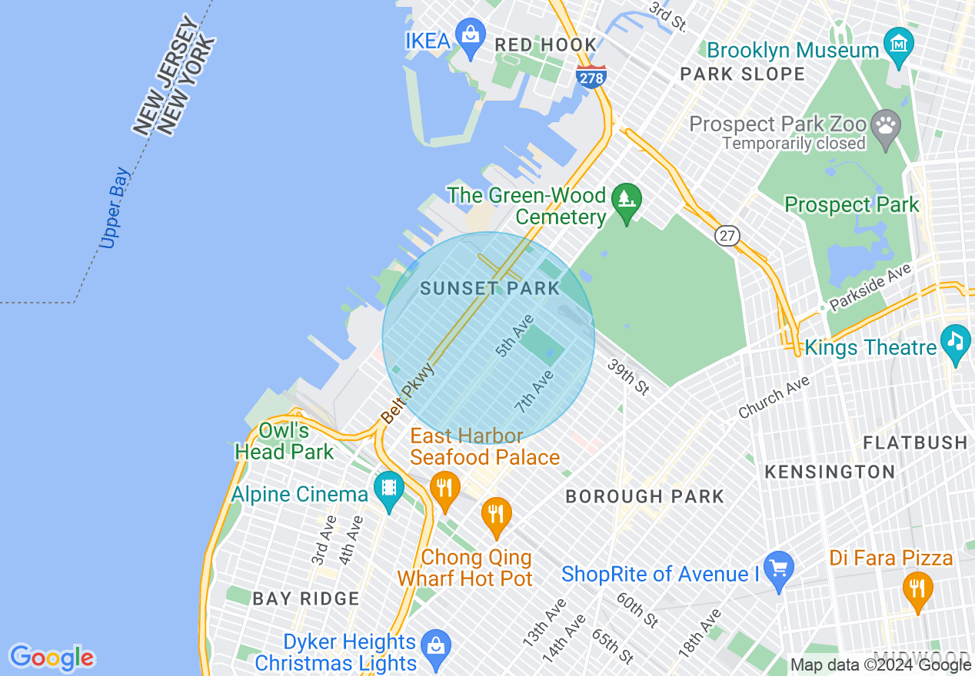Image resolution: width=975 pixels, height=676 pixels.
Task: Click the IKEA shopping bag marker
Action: (470, 35)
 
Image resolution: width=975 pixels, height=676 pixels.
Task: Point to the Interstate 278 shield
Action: (591, 76)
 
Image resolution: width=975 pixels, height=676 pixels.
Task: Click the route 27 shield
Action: (727, 235)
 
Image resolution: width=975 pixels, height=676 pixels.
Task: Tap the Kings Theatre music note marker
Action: (955, 340)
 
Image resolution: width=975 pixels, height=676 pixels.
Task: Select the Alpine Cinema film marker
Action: (389, 488)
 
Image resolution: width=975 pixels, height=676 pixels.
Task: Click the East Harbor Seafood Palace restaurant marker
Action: (444, 487)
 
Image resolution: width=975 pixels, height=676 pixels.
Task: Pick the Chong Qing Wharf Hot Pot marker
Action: (496, 513)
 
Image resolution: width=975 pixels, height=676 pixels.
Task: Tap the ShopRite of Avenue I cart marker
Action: (778, 568)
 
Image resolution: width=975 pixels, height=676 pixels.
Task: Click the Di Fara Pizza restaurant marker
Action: (917, 588)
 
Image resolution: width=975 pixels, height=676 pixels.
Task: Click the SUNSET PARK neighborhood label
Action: (491, 289)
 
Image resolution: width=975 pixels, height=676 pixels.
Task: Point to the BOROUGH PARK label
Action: (645, 497)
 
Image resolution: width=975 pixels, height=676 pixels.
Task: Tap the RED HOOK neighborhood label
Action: (545, 45)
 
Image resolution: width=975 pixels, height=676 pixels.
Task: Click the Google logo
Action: (52, 658)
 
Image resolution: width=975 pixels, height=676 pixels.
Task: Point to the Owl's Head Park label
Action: (285, 441)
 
